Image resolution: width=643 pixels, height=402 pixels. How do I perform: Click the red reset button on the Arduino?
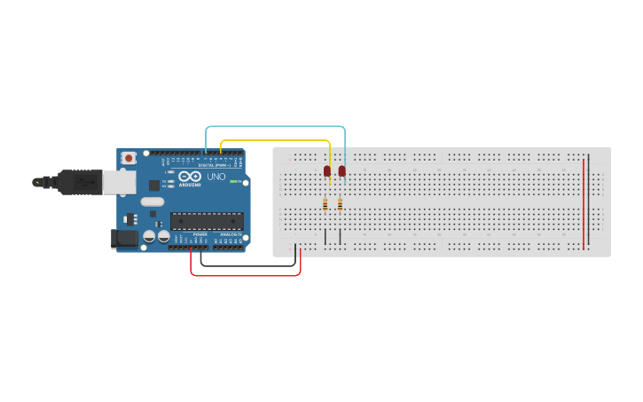pyautogui.click(x=129, y=158)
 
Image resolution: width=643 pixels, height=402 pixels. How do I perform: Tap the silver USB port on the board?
pyautogui.click(x=116, y=181)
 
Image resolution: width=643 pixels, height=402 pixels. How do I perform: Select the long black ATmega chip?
pyautogui.click(x=207, y=221)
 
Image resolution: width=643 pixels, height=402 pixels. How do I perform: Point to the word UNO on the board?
pyautogui.click(x=216, y=177)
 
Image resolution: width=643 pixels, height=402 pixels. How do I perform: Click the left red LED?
pyautogui.click(x=327, y=170)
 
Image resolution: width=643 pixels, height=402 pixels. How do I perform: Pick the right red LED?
pyautogui.click(x=341, y=170)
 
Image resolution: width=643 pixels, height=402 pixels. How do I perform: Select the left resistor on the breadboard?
pyautogui.click(x=325, y=204)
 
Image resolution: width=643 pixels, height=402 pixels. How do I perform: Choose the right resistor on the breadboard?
pyautogui.click(x=340, y=204)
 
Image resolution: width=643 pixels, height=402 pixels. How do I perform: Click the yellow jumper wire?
pyautogui.click(x=275, y=140)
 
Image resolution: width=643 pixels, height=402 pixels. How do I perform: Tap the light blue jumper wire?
pyautogui.click(x=275, y=127)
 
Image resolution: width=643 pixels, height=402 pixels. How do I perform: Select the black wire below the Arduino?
pyautogui.click(x=248, y=265)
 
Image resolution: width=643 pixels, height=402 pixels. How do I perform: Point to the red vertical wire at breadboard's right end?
pyautogui.click(x=584, y=204)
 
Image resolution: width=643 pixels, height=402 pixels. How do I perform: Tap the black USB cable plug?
pyautogui.click(x=79, y=182)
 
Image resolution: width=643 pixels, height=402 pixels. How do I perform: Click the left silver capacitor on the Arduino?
pyautogui.click(x=149, y=237)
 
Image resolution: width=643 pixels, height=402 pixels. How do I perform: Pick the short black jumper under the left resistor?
pyautogui.click(x=325, y=237)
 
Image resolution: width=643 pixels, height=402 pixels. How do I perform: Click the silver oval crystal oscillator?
pyautogui.click(x=153, y=201)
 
